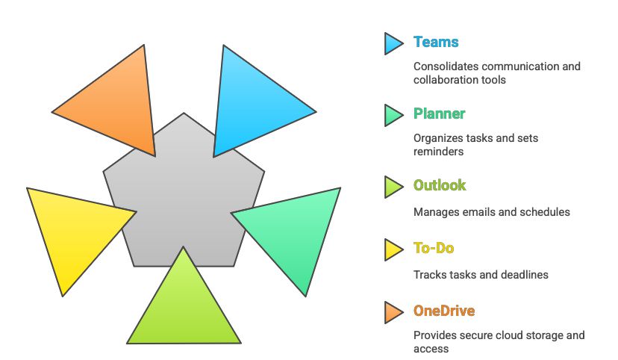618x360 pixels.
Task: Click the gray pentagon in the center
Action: (x=184, y=197)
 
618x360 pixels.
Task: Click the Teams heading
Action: (x=436, y=42)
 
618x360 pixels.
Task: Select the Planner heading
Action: (x=440, y=114)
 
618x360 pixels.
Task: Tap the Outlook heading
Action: (x=440, y=185)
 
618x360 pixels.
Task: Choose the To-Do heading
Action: (x=434, y=249)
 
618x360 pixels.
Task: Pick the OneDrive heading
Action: (x=444, y=311)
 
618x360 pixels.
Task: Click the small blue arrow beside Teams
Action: (x=394, y=43)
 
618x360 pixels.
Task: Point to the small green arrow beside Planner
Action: (x=394, y=115)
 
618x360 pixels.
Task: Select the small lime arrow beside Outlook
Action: (x=394, y=187)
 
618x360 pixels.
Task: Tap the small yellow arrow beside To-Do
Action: (x=394, y=249)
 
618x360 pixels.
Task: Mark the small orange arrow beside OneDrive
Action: (x=394, y=312)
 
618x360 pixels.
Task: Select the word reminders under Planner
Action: (x=438, y=152)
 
